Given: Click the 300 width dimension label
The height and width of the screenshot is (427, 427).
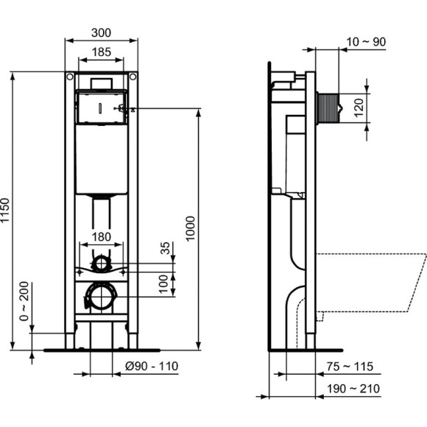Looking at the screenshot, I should click(x=101, y=32).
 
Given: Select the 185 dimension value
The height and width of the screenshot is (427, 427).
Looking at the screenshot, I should click(x=101, y=52).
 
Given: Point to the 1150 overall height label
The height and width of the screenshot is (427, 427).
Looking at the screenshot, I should click(x=7, y=212).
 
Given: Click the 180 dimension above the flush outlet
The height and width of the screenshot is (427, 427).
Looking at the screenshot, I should click(x=101, y=237).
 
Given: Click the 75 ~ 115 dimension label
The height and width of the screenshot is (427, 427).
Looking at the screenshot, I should click(x=351, y=366).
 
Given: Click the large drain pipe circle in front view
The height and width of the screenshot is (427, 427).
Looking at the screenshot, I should click(x=100, y=297).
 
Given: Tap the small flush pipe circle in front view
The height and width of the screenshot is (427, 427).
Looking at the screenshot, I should click(x=100, y=262).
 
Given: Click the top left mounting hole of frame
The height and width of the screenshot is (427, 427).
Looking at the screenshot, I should click(x=69, y=77).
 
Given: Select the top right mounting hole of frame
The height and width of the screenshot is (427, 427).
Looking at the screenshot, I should click(x=133, y=77).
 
